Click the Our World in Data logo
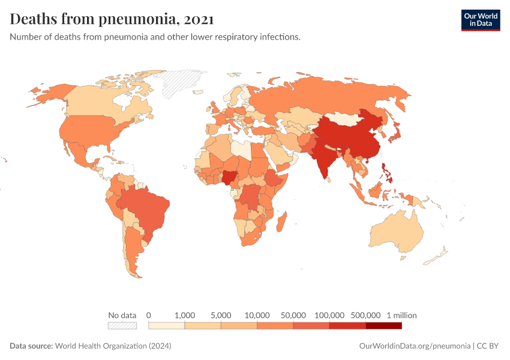(x=480, y=20)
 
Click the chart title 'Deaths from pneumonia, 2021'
(x=112, y=19)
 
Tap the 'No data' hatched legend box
(x=122, y=325)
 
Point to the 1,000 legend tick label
(x=185, y=315)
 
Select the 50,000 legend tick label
(x=293, y=315)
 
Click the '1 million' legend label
(x=401, y=315)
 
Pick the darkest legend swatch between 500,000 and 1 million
(x=383, y=325)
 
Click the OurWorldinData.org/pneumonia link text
(x=414, y=346)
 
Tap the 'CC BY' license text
(x=488, y=346)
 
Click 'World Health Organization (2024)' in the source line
(x=113, y=346)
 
